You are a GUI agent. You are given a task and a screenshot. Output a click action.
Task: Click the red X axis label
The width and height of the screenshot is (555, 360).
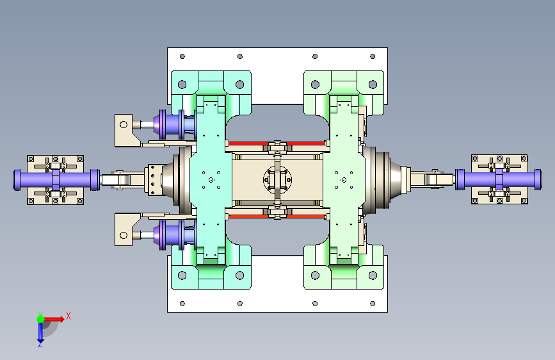[68, 316]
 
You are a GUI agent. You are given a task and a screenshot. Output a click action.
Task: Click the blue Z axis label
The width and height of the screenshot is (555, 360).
[40, 344]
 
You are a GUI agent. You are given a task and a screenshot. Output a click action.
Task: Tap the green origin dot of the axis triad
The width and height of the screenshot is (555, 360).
[41, 319]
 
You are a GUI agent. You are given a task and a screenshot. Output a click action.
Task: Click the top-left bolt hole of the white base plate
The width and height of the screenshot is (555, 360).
[182, 56]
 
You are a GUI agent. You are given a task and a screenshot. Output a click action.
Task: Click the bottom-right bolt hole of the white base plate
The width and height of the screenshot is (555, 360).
[373, 304]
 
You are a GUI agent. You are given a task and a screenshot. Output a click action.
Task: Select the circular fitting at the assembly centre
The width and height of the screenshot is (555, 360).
[278, 179]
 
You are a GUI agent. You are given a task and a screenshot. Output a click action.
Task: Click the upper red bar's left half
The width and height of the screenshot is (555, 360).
[248, 143]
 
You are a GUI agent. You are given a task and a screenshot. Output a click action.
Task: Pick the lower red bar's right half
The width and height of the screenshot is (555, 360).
[306, 216]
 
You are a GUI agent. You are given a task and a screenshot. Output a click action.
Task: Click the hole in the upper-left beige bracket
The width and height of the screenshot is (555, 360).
[124, 124]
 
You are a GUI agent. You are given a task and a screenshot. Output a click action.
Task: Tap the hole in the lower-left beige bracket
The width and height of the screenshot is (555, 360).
[124, 235]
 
